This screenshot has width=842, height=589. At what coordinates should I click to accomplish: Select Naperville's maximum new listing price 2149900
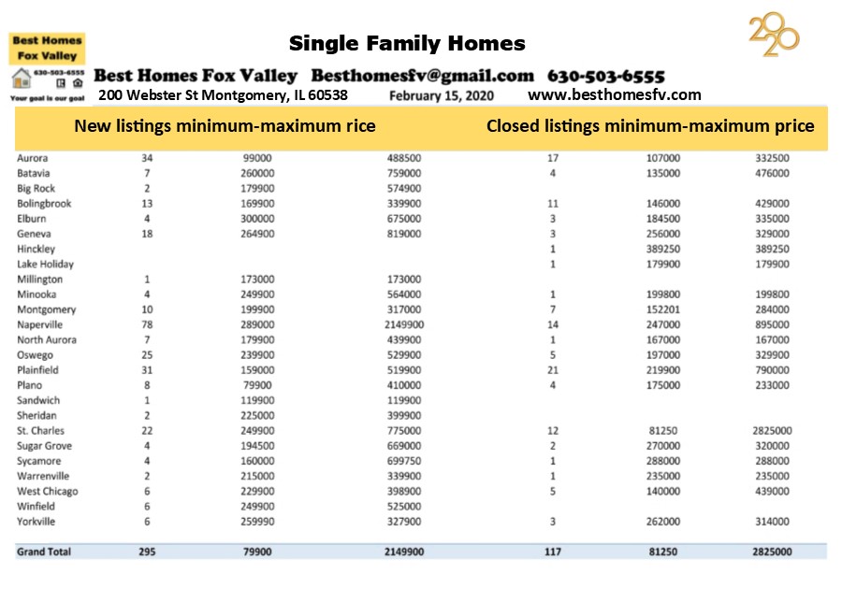[404, 324]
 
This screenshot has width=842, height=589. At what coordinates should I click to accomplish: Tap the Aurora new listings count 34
[147, 158]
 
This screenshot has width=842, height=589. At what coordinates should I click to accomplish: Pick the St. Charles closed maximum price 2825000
[772, 431]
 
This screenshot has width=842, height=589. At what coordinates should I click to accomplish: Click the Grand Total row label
[44, 552]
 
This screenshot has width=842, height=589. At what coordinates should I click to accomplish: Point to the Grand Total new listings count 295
[146, 552]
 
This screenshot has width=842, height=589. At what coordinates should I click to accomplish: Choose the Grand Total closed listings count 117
[553, 552]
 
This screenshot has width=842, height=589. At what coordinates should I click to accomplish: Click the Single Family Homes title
[407, 43]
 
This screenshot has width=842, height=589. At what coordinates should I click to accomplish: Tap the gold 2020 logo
[774, 36]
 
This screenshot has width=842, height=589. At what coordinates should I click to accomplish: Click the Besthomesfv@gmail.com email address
[423, 76]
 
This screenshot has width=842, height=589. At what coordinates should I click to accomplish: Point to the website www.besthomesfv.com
[615, 94]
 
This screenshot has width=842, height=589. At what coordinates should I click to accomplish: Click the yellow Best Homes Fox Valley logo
[47, 48]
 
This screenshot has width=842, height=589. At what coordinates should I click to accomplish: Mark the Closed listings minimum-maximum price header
[650, 126]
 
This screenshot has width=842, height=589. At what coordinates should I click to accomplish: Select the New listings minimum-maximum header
[225, 126]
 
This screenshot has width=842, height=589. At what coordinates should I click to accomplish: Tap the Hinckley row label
[36, 249]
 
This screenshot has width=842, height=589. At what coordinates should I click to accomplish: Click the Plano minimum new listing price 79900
[257, 385]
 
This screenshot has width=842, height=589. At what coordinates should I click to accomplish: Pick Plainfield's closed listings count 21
[553, 370]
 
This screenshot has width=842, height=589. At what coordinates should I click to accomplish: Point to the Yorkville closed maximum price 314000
[772, 522]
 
